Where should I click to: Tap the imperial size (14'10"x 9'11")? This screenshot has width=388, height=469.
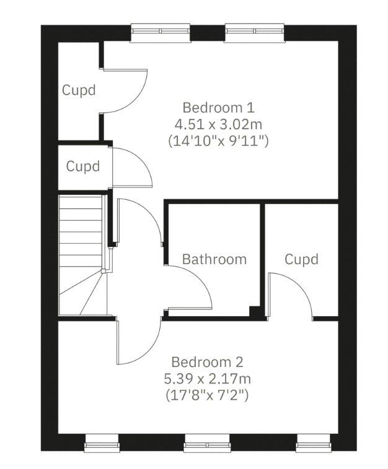(x=218, y=140)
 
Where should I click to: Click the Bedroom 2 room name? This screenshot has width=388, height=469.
(x=208, y=362)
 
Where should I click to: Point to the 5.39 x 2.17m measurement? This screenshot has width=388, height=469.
(x=208, y=378)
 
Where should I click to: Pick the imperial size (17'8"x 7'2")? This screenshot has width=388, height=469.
(x=208, y=394)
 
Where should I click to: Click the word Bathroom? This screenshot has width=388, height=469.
(x=214, y=259)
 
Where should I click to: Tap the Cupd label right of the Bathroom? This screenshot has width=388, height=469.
(x=301, y=259)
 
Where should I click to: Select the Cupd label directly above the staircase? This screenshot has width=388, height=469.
(x=84, y=166)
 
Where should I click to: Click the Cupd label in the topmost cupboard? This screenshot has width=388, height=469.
(x=79, y=90)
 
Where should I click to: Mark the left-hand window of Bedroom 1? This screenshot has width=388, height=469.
(x=160, y=32)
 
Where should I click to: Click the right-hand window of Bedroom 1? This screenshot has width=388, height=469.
(x=255, y=32)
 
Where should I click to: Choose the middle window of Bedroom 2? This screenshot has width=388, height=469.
(x=206, y=442)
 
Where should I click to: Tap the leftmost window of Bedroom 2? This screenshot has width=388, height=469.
(x=102, y=442)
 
